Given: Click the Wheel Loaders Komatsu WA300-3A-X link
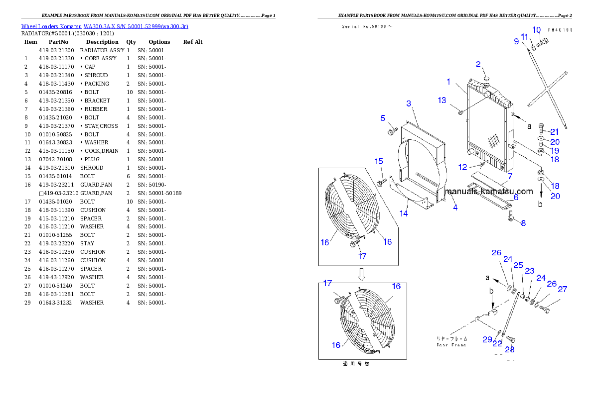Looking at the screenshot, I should pos(105,26).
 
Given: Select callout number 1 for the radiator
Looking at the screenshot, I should pos(448,82).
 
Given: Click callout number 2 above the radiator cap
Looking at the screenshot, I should pos(478,64).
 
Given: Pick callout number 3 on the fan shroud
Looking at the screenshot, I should pos(409,104).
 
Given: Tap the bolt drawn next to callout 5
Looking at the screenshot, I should pos(392,131).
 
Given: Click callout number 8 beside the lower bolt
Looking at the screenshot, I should pos(523,223).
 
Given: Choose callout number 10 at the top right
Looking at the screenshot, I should pos(536,30).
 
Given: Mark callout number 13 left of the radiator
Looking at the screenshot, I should pos(442,101).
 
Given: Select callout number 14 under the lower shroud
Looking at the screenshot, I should pos(404,213).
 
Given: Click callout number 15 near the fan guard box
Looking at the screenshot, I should pos(379,161).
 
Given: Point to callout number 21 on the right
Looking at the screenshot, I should pos(554,132).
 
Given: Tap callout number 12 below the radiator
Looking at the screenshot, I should pos(463,167).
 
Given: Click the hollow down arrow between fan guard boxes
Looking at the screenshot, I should pos(362,274).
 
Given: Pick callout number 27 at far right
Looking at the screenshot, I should pos(562,289).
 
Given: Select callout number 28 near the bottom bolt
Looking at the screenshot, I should pos(509,349).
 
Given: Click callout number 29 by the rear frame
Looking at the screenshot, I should pos(487,339).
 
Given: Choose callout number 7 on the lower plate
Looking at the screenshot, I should pos(510,176).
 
